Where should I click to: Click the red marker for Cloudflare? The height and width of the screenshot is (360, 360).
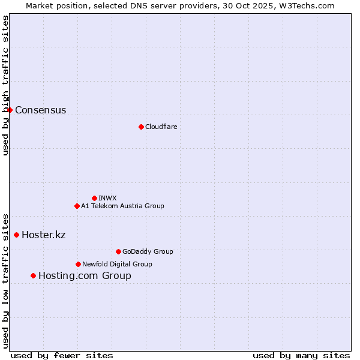141,127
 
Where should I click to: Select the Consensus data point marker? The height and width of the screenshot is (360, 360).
10,110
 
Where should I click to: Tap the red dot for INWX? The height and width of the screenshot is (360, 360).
94,198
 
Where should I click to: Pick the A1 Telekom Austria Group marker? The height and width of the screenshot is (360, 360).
77,206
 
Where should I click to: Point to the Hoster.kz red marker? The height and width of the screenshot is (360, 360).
16,235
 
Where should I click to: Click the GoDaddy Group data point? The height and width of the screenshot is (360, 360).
118,251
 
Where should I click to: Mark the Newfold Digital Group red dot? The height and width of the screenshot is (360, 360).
78,264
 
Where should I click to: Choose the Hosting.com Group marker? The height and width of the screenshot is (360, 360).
33,275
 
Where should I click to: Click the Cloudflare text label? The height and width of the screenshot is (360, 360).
161,127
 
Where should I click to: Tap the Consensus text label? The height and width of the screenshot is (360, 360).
40,110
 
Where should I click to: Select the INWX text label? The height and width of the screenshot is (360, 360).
107,198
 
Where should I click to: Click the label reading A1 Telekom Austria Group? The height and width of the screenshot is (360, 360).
122,206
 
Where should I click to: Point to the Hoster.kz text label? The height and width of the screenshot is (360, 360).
43,235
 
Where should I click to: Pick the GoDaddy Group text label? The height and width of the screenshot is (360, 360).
148,251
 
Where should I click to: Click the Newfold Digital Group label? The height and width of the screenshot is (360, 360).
117,264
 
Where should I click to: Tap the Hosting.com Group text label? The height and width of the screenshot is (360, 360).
85,275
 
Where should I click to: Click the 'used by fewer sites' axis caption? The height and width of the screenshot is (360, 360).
62,355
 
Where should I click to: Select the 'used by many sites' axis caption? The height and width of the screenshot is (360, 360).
301,355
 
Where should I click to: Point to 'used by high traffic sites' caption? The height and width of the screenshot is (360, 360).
5,85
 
